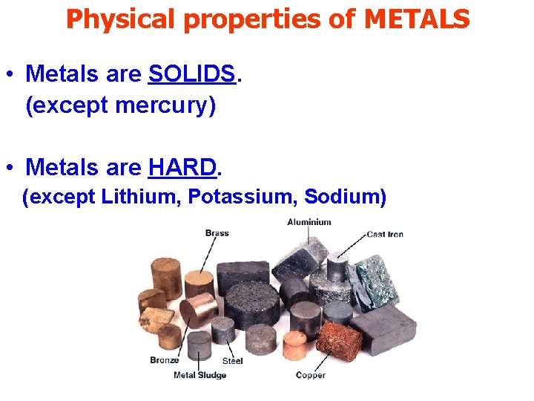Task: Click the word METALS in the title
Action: point(417,19)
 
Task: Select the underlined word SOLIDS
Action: point(192,74)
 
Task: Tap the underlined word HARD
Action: point(182,168)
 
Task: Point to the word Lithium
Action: point(141,198)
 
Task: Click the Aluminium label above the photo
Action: point(309,221)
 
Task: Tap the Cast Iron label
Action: point(385,234)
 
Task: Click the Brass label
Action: point(217,232)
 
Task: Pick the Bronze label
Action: point(164,360)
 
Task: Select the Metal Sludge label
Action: point(200,375)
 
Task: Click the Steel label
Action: point(232,361)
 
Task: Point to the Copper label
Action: point(310,375)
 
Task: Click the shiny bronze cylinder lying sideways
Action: point(199,310)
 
